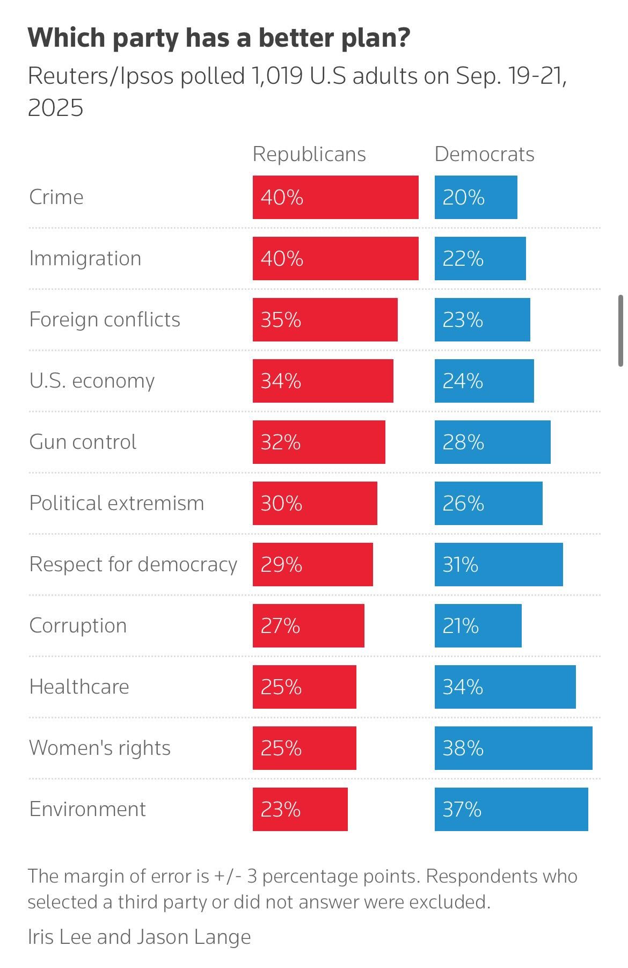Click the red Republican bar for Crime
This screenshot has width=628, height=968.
335,197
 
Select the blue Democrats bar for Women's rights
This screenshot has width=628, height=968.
513,748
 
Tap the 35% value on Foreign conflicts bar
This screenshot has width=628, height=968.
281,320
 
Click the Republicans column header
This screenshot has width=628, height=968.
309,154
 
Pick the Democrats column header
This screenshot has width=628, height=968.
484,154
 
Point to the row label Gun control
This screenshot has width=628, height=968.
83,442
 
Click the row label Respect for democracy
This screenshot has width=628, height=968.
133,564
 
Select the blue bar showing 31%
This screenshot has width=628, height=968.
499,564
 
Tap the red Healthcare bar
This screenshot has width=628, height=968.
304,687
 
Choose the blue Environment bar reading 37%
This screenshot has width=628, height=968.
511,809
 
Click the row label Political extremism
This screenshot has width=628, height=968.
116,503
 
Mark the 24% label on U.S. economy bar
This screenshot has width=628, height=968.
463,381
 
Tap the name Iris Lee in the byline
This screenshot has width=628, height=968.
60,937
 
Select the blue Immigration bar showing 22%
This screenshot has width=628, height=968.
480,258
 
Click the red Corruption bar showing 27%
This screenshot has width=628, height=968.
308,625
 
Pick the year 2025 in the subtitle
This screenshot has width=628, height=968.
55,108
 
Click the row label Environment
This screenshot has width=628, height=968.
87,809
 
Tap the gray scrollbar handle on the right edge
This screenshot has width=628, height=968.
621,330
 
